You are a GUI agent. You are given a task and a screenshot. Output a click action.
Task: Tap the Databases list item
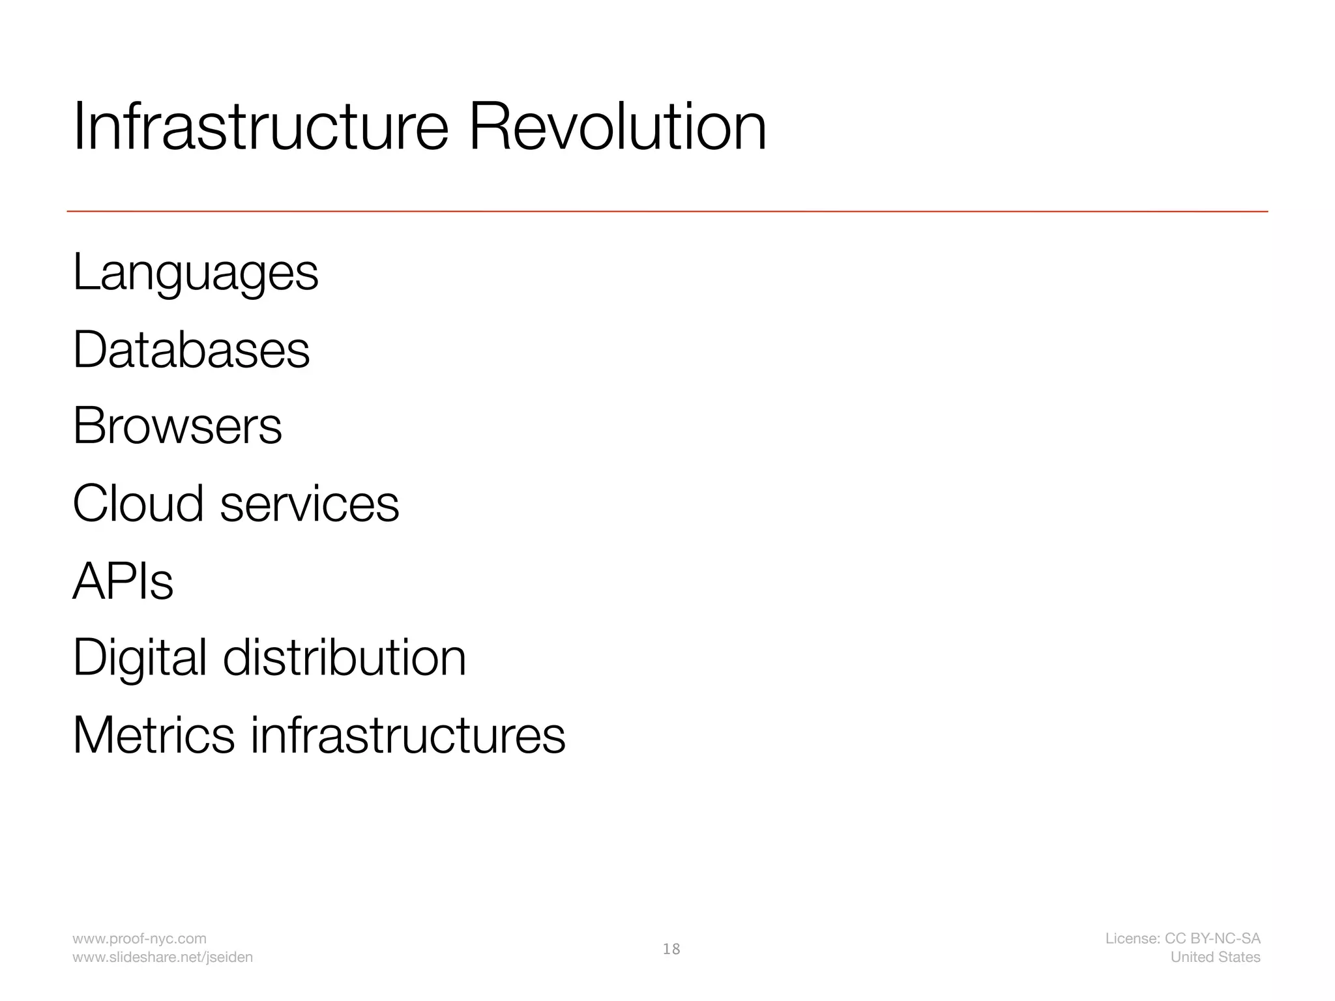coord(191,350)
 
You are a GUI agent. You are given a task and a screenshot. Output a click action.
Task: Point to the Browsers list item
coord(177,426)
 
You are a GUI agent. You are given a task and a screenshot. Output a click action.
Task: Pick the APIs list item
coord(123,581)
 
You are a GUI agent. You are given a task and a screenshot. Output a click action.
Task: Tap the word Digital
coord(139,658)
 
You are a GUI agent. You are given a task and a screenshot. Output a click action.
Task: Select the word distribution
coord(345,658)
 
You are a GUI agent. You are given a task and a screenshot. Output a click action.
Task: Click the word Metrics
coord(153,735)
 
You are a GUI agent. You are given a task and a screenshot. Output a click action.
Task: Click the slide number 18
coord(671,950)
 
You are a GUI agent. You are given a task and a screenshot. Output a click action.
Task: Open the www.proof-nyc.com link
coord(139,938)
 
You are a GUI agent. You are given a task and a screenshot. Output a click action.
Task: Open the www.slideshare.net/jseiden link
coord(162,957)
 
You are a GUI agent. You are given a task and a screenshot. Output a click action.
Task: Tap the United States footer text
coord(1215,957)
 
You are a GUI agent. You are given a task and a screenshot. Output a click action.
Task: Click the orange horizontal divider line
coord(667,211)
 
